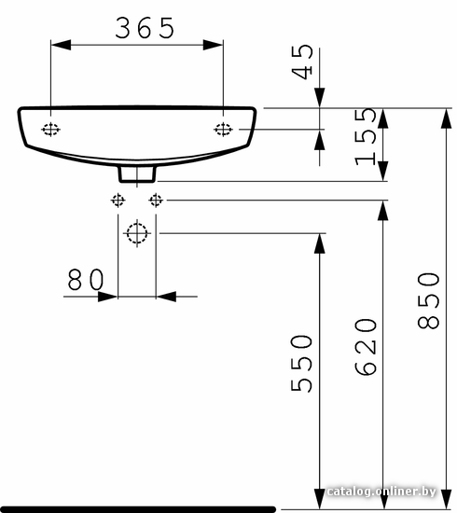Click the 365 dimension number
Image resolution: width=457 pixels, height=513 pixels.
click(x=145, y=28)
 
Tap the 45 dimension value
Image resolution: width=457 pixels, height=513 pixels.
click(x=302, y=62)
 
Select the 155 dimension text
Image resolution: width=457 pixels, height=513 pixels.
click(x=366, y=137)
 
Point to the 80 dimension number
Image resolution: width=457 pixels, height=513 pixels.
click(x=86, y=280)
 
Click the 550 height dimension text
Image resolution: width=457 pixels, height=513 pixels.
click(x=301, y=363)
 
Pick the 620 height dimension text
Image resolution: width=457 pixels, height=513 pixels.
click(x=366, y=347)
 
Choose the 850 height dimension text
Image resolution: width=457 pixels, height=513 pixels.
click(x=428, y=300)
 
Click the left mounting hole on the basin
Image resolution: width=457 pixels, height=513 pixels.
click(x=50, y=130)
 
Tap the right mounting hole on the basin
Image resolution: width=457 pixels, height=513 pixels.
click(x=224, y=130)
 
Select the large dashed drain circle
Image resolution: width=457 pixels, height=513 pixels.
click(x=137, y=233)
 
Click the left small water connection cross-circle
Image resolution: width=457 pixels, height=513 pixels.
click(x=118, y=200)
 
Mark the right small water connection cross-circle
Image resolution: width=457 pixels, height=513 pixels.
click(x=156, y=200)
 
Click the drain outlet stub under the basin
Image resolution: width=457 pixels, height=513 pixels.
click(x=137, y=174)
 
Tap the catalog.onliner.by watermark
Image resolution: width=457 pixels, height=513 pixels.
click(x=381, y=492)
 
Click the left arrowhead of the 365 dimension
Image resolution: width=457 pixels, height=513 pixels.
click(x=62, y=45)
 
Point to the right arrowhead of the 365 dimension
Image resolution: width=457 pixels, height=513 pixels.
click(x=213, y=45)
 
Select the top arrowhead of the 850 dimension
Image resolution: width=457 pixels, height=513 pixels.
click(x=447, y=118)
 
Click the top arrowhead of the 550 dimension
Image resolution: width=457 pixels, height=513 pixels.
click(x=320, y=243)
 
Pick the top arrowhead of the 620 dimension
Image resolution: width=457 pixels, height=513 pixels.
click(x=383, y=211)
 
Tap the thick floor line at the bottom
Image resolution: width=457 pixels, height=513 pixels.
click(x=137, y=509)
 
